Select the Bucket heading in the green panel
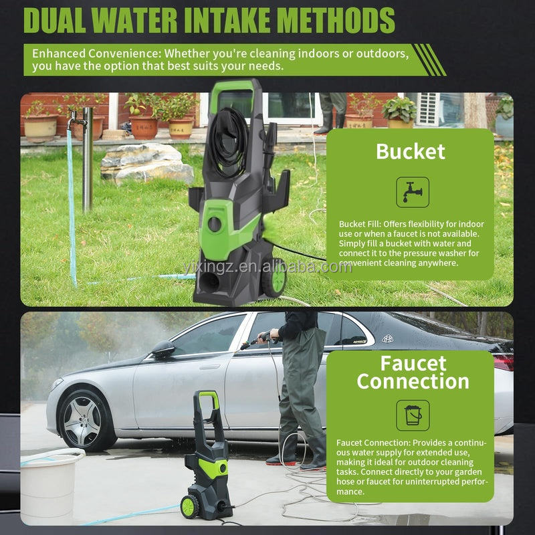tap(411, 152)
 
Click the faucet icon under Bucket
tap(413, 192)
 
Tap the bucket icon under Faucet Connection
tap(413, 415)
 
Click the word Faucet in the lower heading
tap(413, 363)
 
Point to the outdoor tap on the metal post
tap(76, 120)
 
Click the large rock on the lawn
tap(147, 164)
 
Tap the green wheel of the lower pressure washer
tap(190, 506)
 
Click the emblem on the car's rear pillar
tap(387, 338)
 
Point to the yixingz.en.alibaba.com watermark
tap(267, 267)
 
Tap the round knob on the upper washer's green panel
tap(215, 224)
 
